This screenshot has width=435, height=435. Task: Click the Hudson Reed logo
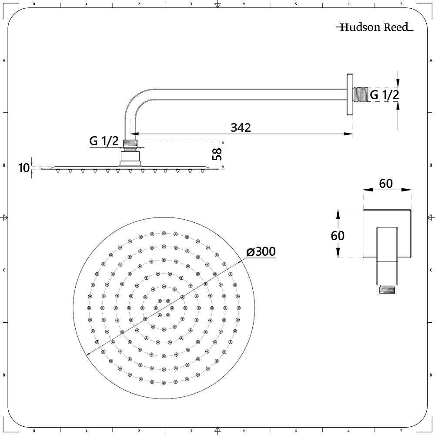pyautogui.click(x=375, y=27)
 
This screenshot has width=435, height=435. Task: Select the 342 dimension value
pyautogui.click(x=241, y=127)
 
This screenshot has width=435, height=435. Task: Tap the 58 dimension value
pyautogui.click(x=217, y=154)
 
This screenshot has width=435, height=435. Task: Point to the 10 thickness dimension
pyautogui.click(x=24, y=167)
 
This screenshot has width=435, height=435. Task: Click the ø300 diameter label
pyautogui.click(x=261, y=252)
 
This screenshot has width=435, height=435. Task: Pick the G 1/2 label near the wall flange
pyautogui.click(x=384, y=94)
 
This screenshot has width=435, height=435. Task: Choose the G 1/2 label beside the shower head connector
pyautogui.click(x=104, y=141)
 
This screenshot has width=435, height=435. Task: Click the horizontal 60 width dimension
pyautogui.click(x=385, y=184)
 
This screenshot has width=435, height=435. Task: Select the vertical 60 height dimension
pyautogui.click(x=338, y=235)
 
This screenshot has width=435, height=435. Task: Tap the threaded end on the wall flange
pyautogui.click(x=360, y=94)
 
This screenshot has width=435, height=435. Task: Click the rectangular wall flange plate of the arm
pyautogui.click(x=349, y=94)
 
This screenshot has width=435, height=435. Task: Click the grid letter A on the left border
pyautogui.click(x=4, y=60)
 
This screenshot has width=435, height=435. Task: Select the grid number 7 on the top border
pyautogui.click(x=401, y=4)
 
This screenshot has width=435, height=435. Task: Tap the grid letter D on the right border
pyautogui.click(x=431, y=375)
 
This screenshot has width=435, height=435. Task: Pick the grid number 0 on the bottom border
pyautogui.click(x=34, y=431)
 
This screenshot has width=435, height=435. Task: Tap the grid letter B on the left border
pyautogui.click(x=4, y=165)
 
